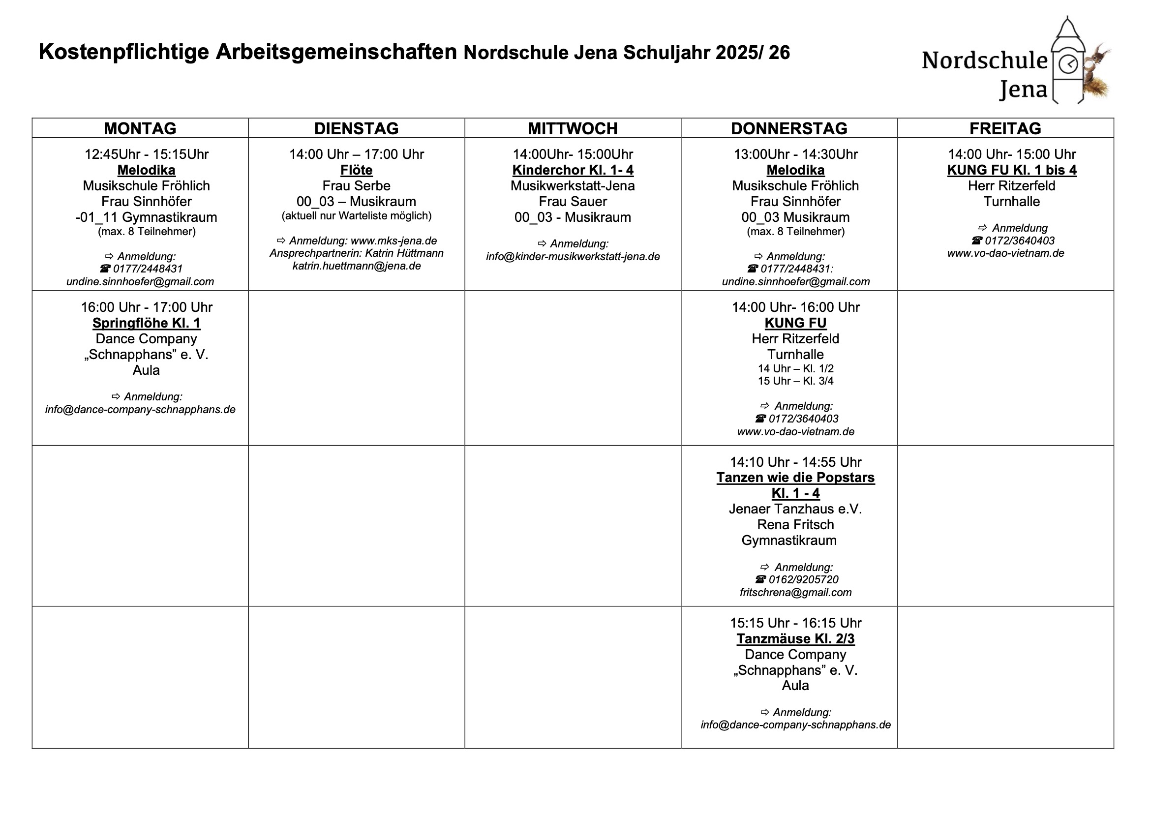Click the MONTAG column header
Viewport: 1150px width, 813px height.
pos(140,128)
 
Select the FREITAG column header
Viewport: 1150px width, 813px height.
pos(1005,128)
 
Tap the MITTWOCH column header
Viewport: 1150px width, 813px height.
pos(573,128)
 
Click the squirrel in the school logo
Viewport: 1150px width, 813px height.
pos(1096,75)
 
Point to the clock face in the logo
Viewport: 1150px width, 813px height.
pos(1068,64)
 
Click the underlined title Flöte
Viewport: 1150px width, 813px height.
pos(356,170)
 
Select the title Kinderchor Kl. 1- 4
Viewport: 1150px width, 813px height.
pos(573,170)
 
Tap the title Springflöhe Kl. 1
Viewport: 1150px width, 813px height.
pos(146,323)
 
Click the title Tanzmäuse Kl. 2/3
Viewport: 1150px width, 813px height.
pos(795,639)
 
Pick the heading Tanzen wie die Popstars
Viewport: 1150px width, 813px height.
pos(795,478)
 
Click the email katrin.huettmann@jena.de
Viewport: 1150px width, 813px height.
pos(356,266)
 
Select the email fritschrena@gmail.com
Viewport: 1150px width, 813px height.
pos(795,593)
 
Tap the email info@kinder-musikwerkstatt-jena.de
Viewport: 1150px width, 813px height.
pos(573,256)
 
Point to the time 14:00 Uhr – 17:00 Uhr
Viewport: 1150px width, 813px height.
pos(356,154)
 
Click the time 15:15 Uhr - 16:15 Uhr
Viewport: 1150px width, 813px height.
pos(795,623)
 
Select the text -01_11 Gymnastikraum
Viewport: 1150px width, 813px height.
pos(146,217)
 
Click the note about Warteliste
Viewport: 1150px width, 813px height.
pos(356,216)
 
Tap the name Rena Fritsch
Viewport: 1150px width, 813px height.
pos(795,524)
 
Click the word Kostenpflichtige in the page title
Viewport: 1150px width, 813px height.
pos(123,52)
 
